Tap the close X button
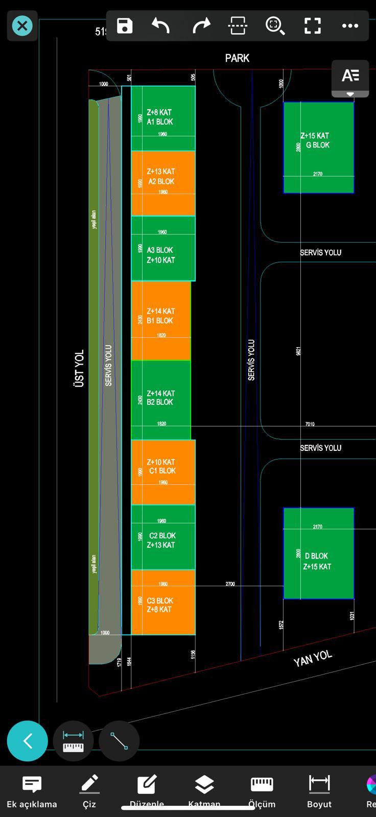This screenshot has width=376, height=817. pos(22,26)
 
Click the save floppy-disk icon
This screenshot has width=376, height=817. pos(125,26)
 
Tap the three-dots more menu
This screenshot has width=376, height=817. pos(350,26)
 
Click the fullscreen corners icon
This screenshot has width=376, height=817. pos(312,26)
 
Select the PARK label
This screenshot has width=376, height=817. pos(237,58)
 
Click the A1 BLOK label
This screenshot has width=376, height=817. pos(160,122)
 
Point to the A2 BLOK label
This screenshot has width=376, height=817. pos(161,181)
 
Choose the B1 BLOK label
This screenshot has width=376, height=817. pos(160,321)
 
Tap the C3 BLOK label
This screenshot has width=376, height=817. pos(160,600)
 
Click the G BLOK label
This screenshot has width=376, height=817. pos(318,145)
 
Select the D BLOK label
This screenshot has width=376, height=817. pos(316,556)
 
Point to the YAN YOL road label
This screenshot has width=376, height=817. pos(313,659)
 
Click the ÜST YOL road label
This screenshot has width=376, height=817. pos(79,368)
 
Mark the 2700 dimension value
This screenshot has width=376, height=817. pos(230,584)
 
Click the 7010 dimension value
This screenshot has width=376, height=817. pos(310,424)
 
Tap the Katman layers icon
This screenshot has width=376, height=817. pos(204,785)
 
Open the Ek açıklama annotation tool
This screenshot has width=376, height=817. pos(32,785)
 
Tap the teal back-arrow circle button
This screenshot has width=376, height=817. pos(28,741)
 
